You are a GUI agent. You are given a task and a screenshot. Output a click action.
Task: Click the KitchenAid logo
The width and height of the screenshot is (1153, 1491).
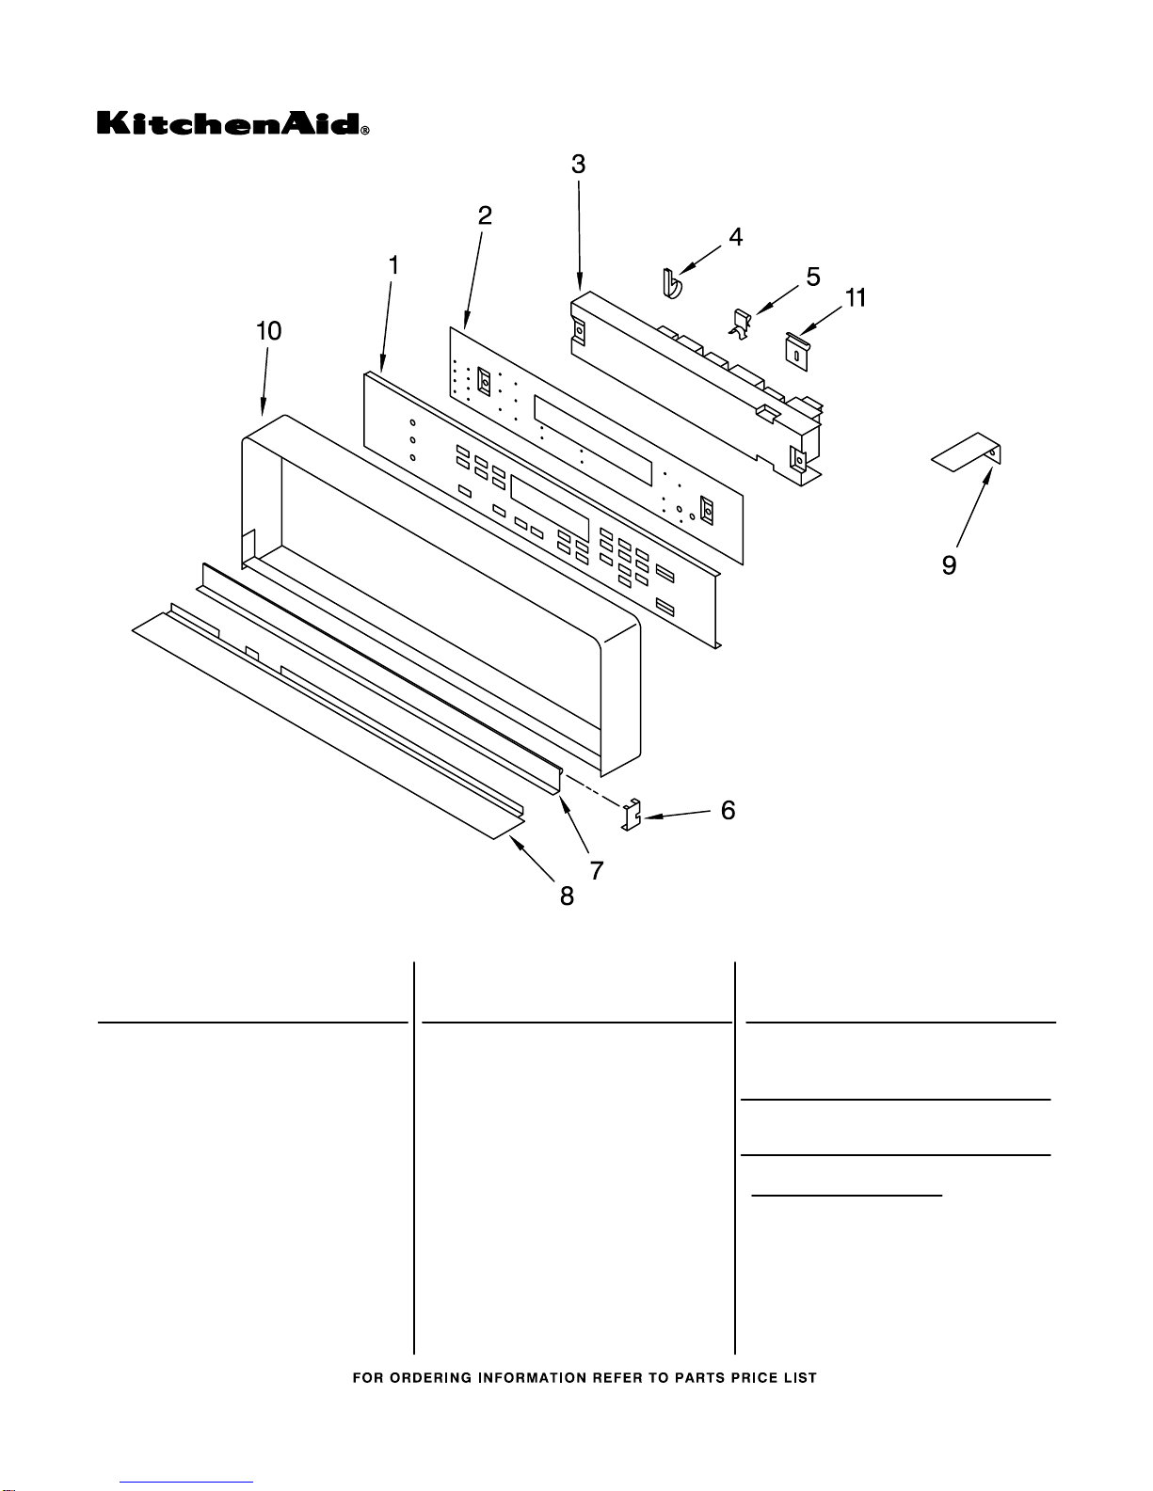click(232, 123)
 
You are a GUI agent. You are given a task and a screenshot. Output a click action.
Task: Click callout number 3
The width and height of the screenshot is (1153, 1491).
click(579, 165)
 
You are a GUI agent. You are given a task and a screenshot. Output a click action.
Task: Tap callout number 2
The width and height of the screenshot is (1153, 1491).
click(485, 216)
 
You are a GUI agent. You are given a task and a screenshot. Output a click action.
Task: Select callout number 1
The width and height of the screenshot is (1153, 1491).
click(393, 265)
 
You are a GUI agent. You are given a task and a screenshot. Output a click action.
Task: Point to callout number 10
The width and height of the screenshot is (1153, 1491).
click(268, 331)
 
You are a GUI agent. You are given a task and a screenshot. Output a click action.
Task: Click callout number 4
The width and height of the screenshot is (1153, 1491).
click(735, 237)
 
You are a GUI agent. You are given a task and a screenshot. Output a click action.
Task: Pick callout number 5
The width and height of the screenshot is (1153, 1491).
click(812, 278)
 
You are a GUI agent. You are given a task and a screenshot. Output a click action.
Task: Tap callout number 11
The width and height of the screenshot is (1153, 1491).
click(856, 298)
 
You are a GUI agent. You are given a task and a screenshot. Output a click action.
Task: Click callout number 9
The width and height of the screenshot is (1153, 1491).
click(949, 565)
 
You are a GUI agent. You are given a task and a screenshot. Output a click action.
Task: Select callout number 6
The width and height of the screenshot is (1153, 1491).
click(729, 810)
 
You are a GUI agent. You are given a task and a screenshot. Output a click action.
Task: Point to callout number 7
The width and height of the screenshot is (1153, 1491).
click(597, 871)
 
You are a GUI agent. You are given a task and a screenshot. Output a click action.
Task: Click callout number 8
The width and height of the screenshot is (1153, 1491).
click(567, 896)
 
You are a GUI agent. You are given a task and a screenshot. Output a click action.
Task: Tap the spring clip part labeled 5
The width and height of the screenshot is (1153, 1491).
click(741, 325)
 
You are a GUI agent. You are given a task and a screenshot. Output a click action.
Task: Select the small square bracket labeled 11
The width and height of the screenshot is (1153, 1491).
click(796, 352)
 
